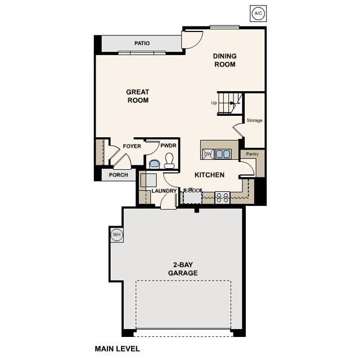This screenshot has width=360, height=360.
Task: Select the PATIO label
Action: point(142,43)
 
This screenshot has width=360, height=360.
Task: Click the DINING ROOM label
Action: point(224,60)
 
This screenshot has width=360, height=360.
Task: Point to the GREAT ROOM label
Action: point(138,96)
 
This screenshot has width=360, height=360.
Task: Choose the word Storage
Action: point(254,120)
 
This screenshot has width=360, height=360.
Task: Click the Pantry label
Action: point(248,153)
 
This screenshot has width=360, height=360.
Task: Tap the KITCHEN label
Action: point(209,175)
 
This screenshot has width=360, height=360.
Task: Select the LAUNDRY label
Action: point(164,191)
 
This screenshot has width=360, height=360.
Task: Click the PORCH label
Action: point(118,175)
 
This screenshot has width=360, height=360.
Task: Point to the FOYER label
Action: point(132,146)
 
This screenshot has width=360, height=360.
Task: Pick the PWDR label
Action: point(168,146)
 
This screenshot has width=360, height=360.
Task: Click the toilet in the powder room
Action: point(169,163)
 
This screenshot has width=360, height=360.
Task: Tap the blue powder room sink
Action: point(154,164)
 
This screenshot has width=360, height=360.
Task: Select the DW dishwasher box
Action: point(208,154)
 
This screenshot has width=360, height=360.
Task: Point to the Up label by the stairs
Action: point(214,103)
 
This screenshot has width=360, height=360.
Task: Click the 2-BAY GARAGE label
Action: point(183,269)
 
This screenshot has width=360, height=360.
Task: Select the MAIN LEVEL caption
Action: point(117,349)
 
